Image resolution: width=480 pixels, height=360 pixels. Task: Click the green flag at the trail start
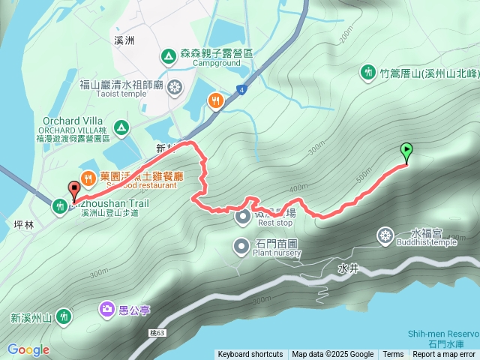tap(406, 151)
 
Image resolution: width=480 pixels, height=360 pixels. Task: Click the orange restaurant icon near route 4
tap(216, 100)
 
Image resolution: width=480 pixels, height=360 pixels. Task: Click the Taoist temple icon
tap(174, 85)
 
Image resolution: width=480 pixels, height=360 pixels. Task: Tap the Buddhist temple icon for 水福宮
tap(385, 236)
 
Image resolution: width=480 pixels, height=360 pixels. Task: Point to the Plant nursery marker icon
tap(241, 244)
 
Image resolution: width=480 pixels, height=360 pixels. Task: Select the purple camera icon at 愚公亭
tap(106, 309)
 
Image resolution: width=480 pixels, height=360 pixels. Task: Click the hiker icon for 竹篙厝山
tap(368, 73)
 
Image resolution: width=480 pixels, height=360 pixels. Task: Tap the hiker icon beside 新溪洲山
tap(64, 316)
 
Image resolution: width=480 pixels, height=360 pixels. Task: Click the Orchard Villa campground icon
tap(121, 127)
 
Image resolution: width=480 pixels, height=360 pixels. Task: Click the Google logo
tap(28, 349)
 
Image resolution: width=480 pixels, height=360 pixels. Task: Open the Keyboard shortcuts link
tap(250, 355)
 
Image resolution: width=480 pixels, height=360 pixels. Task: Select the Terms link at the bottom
tap(393, 355)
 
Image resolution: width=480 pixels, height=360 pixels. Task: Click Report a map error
tap(443, 355)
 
